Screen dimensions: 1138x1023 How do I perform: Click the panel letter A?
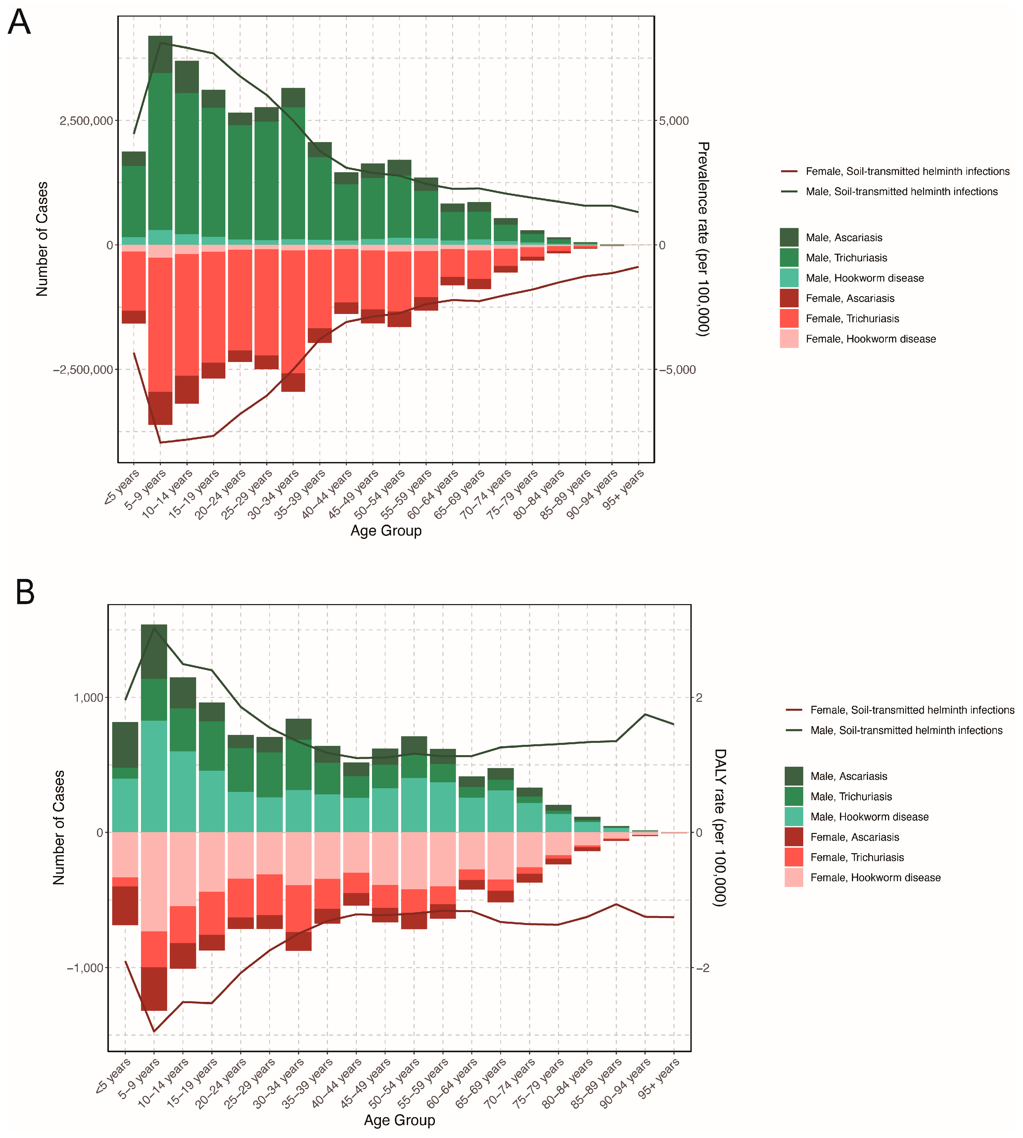click(19, 23)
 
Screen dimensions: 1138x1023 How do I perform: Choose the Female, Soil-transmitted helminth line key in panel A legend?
click(789, 171)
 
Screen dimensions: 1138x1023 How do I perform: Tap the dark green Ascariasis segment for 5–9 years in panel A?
click(160, 55)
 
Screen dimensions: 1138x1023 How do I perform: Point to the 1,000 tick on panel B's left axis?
click(88, 698)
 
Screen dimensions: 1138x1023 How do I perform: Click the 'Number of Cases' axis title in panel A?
click(42, 239)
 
